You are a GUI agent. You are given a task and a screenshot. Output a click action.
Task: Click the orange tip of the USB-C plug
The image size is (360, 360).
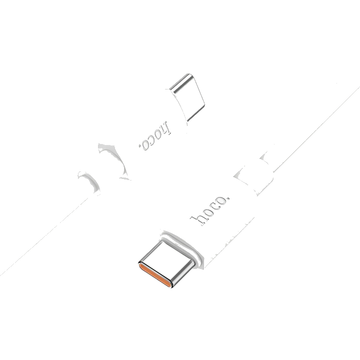pos(155,275)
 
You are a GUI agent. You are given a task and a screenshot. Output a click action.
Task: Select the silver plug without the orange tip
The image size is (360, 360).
pos(187,97)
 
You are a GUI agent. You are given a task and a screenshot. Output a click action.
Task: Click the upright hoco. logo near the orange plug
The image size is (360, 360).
pos(209,210)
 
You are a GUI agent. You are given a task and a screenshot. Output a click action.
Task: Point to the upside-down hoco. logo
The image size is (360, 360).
pos(154,136)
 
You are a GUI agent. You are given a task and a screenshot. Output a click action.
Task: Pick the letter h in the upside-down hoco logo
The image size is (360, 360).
pos(165,128)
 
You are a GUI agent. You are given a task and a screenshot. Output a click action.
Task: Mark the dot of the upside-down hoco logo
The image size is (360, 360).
pos(139,145)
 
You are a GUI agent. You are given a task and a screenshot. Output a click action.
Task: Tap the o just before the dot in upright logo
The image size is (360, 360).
pos(221,200)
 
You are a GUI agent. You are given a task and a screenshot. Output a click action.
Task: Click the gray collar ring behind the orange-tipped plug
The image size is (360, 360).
pos(183,245)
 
